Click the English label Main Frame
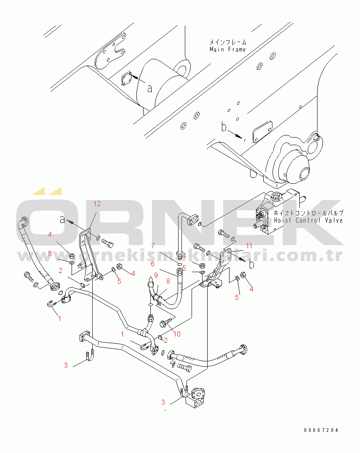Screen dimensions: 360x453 click(227, 49)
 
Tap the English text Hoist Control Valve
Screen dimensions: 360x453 click(308, 220)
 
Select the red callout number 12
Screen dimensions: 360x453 click(97, 204)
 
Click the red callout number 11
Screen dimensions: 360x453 click(249, 246)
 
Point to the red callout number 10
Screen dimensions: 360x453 click(177, 334)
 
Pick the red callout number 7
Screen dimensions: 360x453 click(153, 246)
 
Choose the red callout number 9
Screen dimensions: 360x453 click(156, 275)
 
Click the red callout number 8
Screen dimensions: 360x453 click(168, 281)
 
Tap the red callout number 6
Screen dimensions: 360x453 click(152, 264)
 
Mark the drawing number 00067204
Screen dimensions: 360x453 click(321, 430)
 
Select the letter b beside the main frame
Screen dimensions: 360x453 click(224, 127)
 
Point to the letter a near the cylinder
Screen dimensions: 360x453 click(149, 88)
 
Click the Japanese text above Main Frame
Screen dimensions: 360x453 click(228, 42)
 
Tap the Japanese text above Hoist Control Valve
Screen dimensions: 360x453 click(308, 213)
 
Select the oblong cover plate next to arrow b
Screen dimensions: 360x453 click(262, 132)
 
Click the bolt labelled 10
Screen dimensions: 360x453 click(167, 322)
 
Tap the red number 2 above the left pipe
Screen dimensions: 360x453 click(60, 271)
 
